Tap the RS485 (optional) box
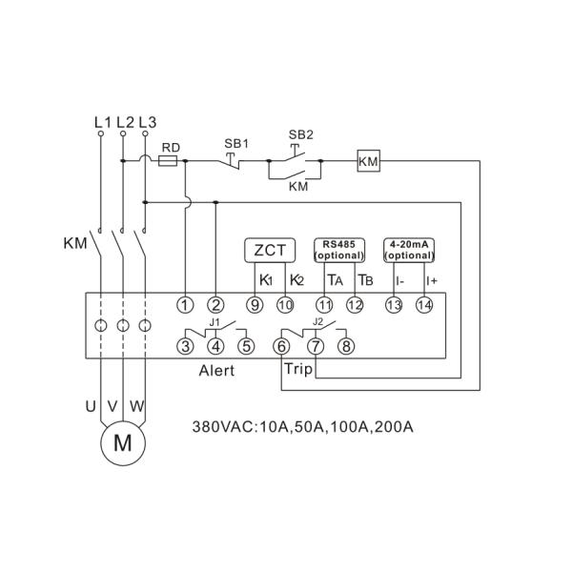point(340,250)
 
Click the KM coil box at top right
point(368,162)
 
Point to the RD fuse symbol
point(169,162)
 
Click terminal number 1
point(185,305)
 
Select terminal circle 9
point(255,305)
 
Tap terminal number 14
point(424,305)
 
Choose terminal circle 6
point(283,345)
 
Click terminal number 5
point(247,345)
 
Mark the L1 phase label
point(103,122)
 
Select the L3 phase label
point(147,122)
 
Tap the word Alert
point(216,371)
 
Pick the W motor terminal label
point(137,406)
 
